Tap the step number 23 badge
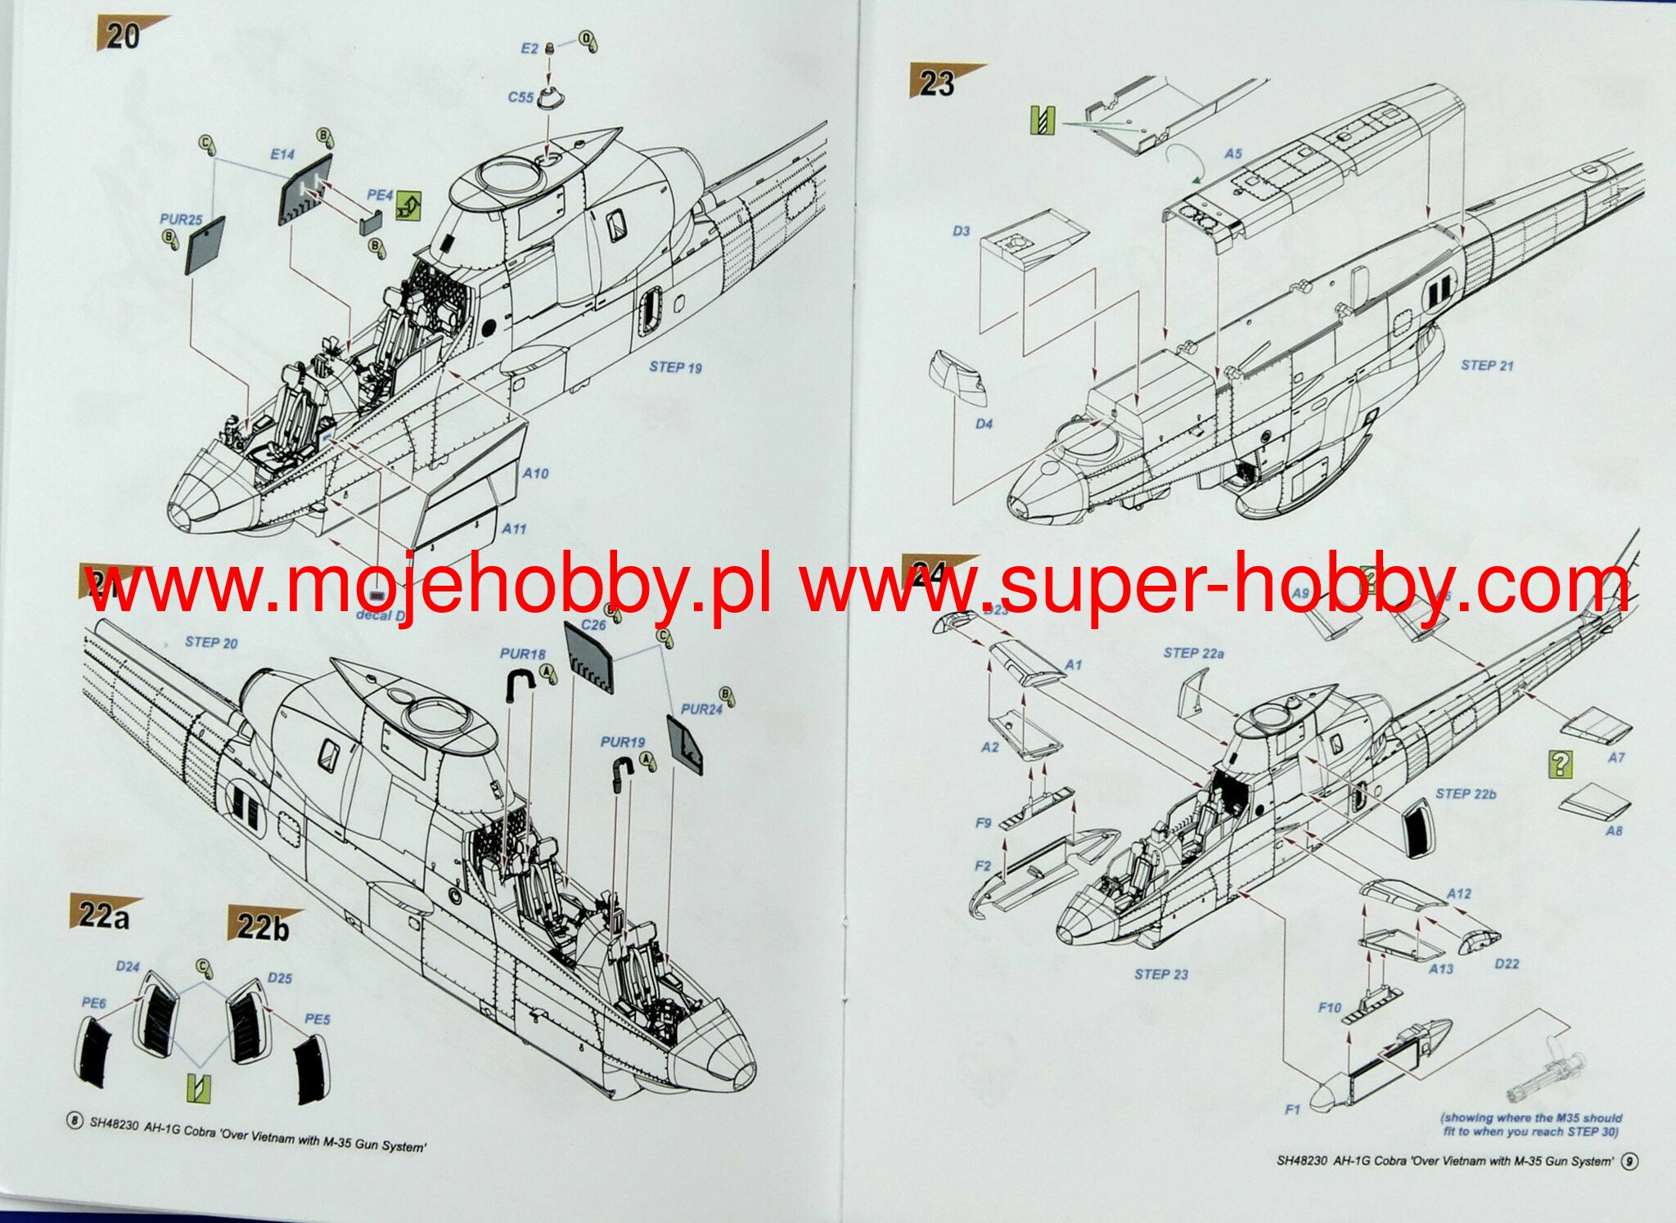point(937,83)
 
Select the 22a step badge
point(102,915)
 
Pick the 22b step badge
point(262,927)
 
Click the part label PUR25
point(181,219)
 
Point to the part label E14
point(282,155)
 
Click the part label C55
point(520,97)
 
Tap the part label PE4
point(380,195)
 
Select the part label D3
point(961,232)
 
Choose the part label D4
point(984,424)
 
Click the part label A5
point(1233,154)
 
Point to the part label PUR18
point(522,654)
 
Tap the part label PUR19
point(622,742)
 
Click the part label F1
point(1292,1110)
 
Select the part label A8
point(1613,831)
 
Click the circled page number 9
point(1629,1161)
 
